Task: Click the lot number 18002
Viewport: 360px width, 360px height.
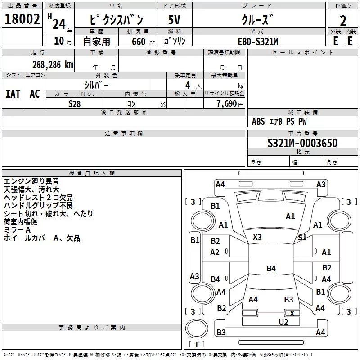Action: click(x=22, y=19)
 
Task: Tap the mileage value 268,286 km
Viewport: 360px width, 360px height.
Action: click(x=53, y=65)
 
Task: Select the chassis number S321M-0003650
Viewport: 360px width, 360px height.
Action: click(x=302, y=143)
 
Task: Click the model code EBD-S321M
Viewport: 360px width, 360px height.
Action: click(x=258, y=41)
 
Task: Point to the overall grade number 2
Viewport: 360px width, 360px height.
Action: click(x=343, y=21)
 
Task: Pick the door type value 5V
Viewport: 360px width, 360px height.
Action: click(x=174, y=20)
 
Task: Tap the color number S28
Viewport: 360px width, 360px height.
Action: click(x=75, y=104)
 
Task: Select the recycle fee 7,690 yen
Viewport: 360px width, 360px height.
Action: click(x=230, y=104)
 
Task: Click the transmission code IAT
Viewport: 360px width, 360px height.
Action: click(x=13, y=94)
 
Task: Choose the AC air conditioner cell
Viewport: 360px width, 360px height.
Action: click(x=35, y=94)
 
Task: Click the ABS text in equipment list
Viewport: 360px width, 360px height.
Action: click(x=258, y=121)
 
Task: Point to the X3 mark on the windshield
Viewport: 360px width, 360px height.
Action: click(x=257, y=237)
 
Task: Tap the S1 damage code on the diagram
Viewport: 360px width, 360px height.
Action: click(x=302, y=238)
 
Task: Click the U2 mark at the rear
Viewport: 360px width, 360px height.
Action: click(x=283, y=322)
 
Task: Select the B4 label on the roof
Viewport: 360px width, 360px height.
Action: click(x=271, y=268)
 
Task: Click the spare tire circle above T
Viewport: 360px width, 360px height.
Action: click(x=197, y=328)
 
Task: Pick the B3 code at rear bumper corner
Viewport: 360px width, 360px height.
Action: click(x=221, y=332)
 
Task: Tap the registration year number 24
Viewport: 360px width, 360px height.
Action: click(x=59, y=24)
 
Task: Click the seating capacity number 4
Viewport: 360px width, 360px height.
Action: click(x=188, y=85)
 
